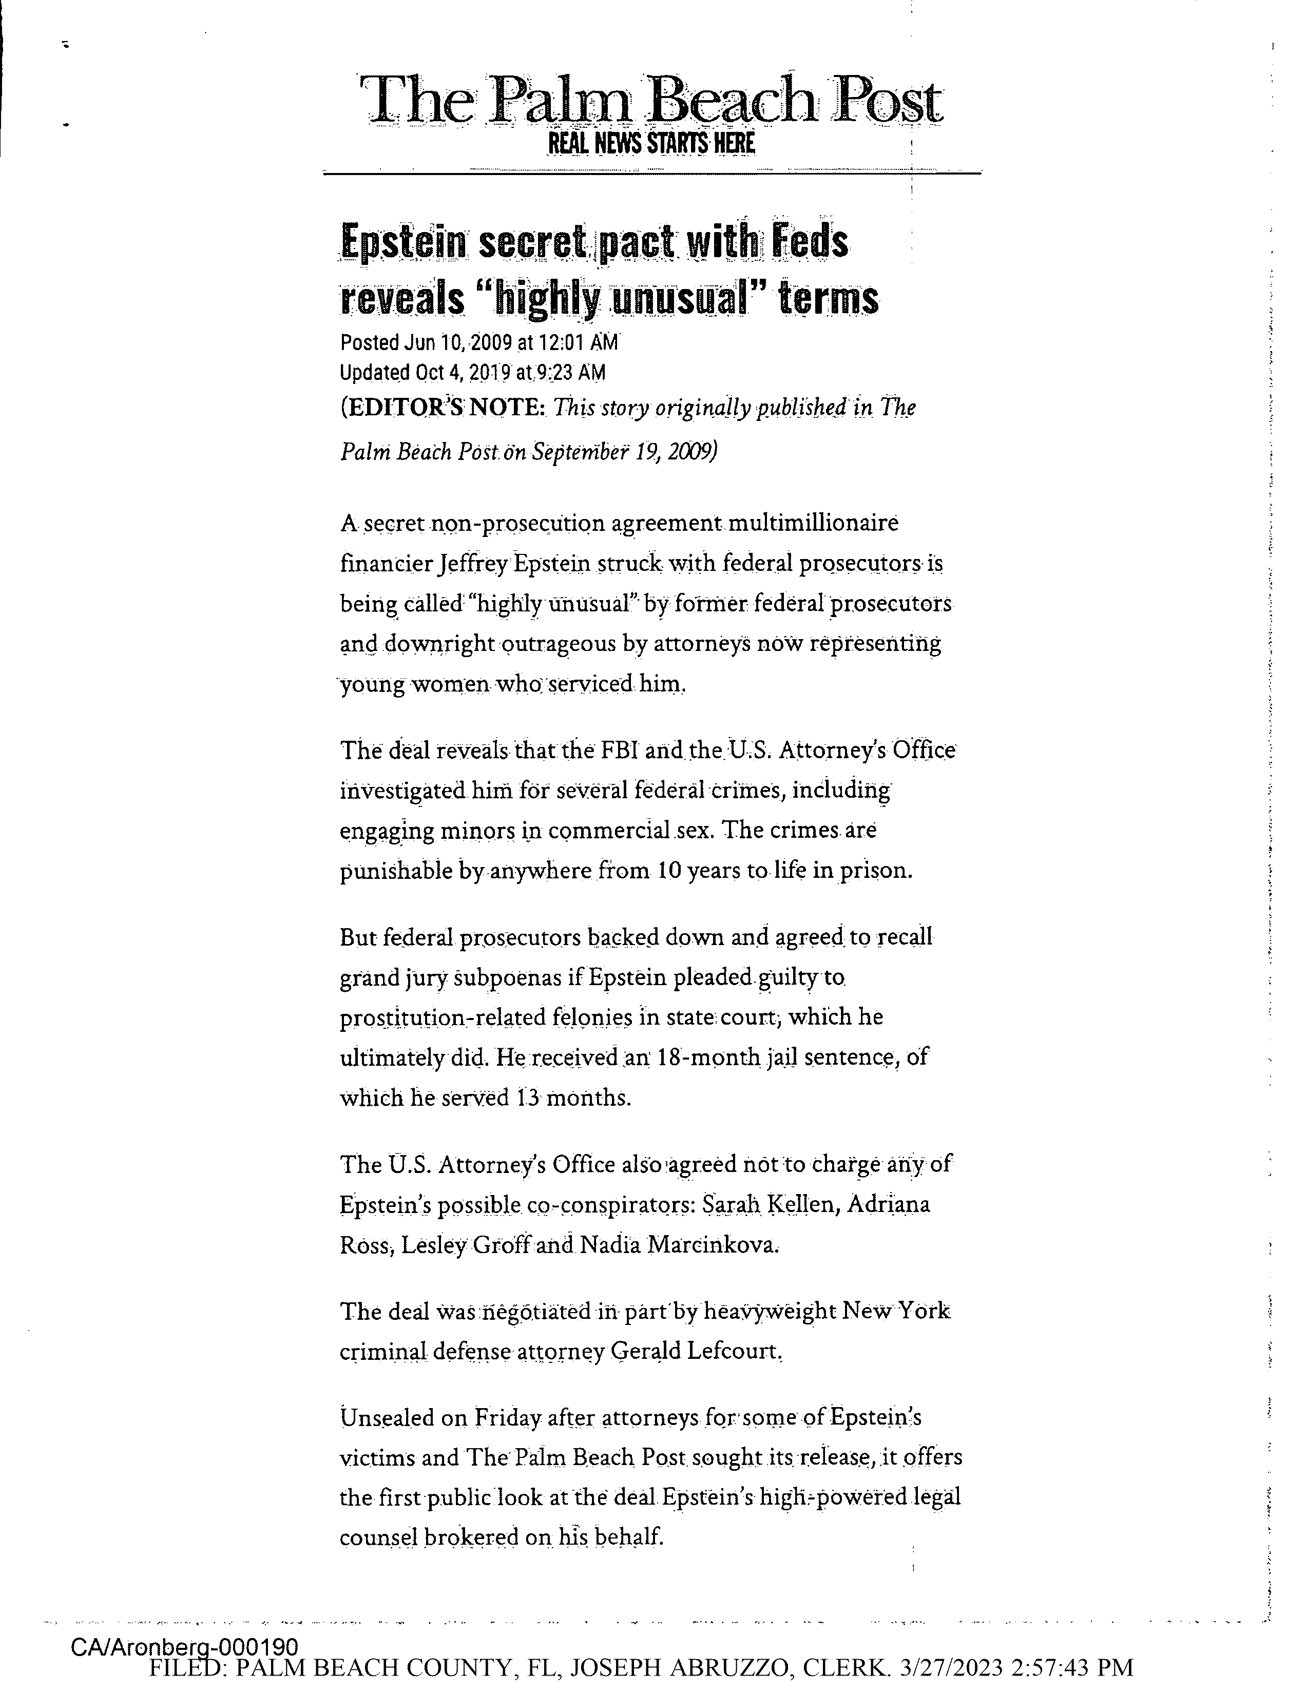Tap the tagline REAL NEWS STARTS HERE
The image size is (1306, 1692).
click(650, 144)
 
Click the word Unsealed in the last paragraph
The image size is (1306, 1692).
click(384, 1418)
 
